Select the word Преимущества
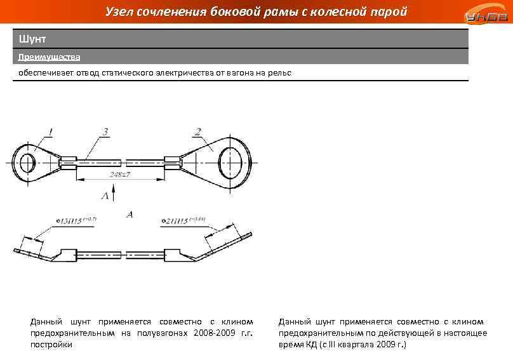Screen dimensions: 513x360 (49, 57)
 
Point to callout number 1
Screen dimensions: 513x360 (50, 131)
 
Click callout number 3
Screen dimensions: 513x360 (105, 131)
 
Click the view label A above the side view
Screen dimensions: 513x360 (130, 215)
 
